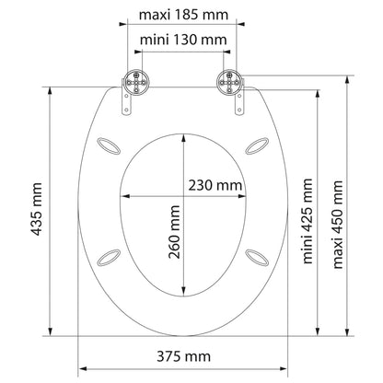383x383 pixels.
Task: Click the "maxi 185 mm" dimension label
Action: [x=183, y=15]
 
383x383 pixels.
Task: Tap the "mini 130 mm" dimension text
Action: [x=183, y=40]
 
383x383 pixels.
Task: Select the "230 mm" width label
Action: [x=215, y=185]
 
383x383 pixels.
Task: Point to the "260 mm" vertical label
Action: [x=174, y=232]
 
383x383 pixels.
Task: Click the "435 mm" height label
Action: [x=37, y=209]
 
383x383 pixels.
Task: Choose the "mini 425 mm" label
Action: [x=308, y=221]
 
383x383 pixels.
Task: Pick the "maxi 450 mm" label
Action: [x=338, y=225]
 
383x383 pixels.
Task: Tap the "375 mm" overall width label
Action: [x=184, y=356]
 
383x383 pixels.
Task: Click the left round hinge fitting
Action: [x=136, y=82]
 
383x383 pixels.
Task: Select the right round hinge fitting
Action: [x=229, y=82]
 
